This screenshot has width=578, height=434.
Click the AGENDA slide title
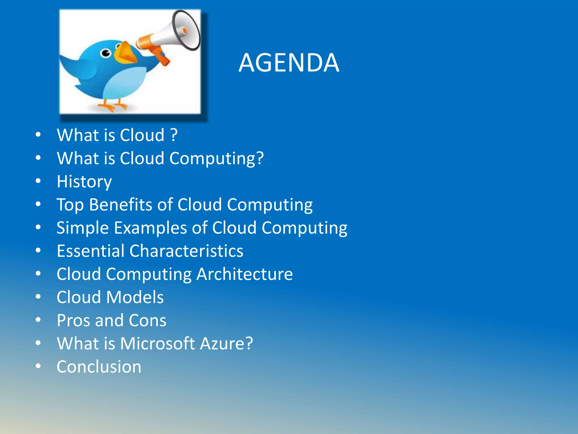coord(289,63)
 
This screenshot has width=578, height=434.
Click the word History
coord(84,182)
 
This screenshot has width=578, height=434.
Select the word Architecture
coord(244,274)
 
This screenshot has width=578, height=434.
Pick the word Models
coord(135,297)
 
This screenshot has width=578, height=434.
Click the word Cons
coord(147,320)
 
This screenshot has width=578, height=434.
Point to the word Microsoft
coord(157,344)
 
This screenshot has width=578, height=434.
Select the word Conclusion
coord(99,367)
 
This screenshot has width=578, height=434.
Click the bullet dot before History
coord(38,181)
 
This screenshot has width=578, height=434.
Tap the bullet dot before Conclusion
coord(38,366)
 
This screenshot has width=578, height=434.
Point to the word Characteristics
coord(186,251)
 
